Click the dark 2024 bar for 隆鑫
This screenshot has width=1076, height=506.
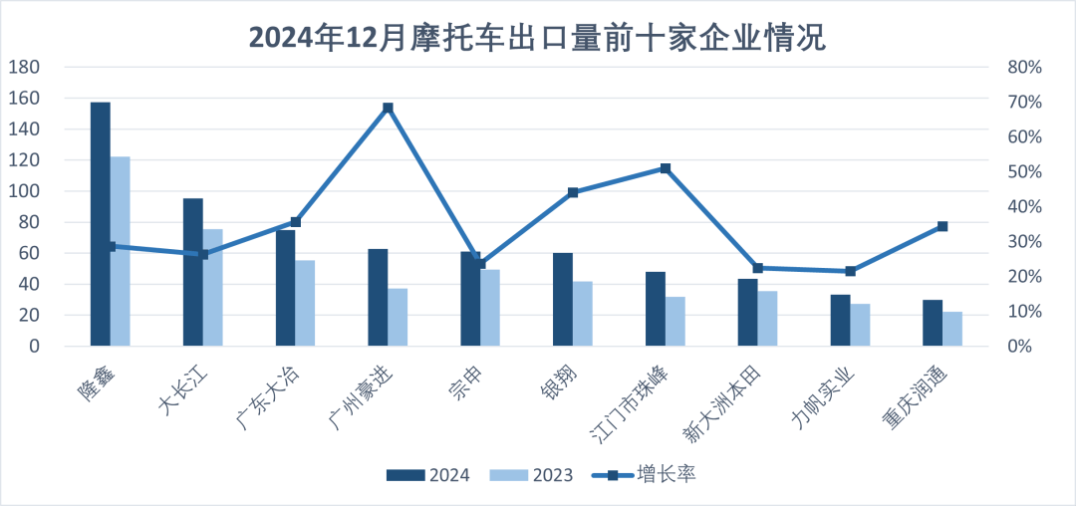click(x=101, y=224)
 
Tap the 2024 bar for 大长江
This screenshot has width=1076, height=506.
click(x=193, y=272)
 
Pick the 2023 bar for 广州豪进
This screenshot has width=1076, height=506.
click(x=398, y=317)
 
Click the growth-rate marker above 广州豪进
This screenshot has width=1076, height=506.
click(x=388, y=108)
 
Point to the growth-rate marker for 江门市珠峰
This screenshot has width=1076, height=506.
click(x=666, y=168)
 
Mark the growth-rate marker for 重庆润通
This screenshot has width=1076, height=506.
click(x=942, y=226)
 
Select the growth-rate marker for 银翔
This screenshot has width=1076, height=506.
click(x=573, y=192)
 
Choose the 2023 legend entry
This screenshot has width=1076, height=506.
click(x=533, y=474)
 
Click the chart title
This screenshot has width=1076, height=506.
click(x=538, y=38)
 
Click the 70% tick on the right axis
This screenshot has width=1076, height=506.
click(x=1023, y=103)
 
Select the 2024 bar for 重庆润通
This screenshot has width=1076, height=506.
click(x=933, y=323)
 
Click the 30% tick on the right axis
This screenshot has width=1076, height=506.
click(x=1023, y=242)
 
